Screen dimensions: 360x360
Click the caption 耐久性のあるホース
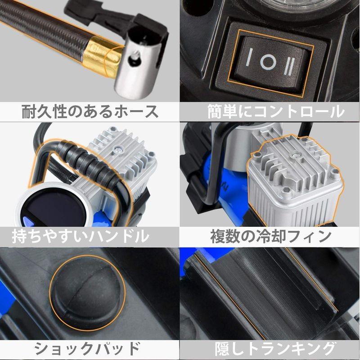[90, 111]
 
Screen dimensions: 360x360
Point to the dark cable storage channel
[274, 292]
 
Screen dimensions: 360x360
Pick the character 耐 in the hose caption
[30, 111]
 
